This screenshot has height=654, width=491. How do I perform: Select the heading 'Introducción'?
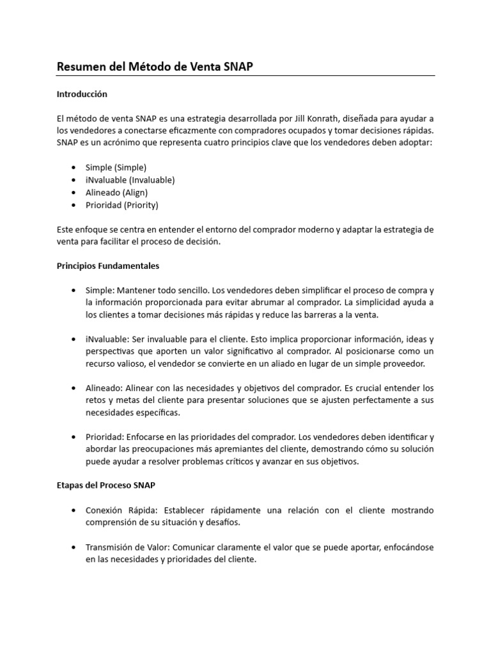[82, 94]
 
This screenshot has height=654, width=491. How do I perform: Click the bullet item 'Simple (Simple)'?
[116, 167]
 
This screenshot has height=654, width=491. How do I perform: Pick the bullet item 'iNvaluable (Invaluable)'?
[130, 180]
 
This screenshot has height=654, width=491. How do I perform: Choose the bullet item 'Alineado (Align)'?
[118, 193]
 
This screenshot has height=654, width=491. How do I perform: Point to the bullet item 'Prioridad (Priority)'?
[121, 206]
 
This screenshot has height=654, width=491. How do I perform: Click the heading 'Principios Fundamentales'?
[108, 265]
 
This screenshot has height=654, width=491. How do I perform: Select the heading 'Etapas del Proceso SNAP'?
[106, 485]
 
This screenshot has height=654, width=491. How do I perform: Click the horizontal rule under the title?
[245, 76]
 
